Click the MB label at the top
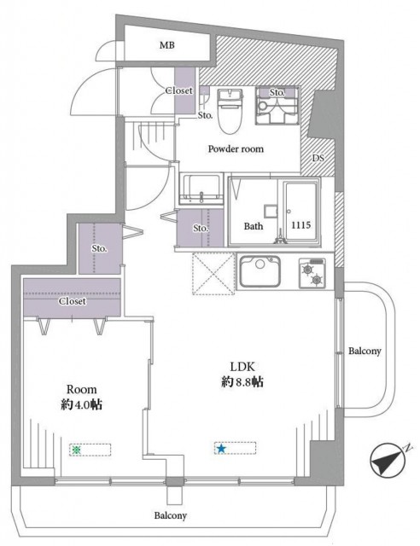coord(167,45)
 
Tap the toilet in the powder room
coord(230,111)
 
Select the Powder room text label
coord(236,149)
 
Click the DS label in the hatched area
coord(318,158)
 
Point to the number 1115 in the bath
coord(300,225)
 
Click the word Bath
coord(254,226)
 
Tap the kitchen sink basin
coord(260,271)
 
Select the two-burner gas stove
coord(312,273)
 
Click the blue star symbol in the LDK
coord(220,449)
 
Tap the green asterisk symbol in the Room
coord(76,450)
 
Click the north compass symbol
coord(388,460)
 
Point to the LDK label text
coord(242,367)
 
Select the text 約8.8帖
coord(242,382)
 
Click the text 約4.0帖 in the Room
coord(82,404)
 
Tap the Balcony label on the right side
coord(365,351)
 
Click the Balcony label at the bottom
coord(171,515)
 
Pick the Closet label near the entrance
coord(178,90)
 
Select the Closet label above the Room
coord(73,301)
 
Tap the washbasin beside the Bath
coord(201,189)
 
